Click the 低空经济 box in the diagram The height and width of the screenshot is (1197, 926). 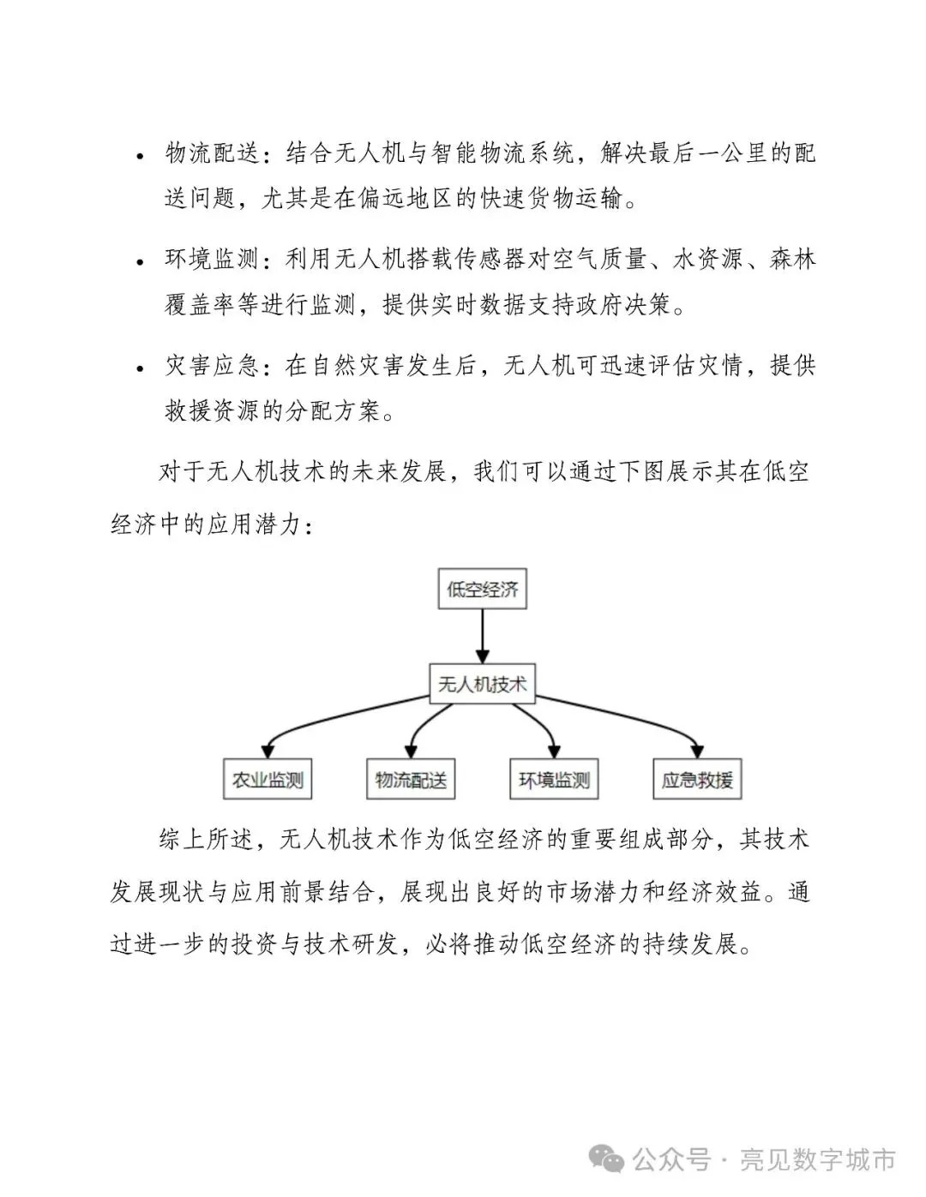[482, 590]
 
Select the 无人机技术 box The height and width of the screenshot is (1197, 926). [482, 685]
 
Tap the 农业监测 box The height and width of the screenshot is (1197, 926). [268, 781]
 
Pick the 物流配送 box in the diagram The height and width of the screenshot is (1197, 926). [411, 781]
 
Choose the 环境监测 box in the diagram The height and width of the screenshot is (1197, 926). [554, 781]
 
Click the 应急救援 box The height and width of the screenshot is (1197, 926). [697, 781]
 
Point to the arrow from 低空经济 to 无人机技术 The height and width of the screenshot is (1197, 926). [482, 635]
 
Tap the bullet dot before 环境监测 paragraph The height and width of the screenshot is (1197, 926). [140, 261]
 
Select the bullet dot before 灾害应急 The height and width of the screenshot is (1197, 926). [140, 368]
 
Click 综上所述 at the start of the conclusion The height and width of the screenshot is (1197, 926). [207, 839]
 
